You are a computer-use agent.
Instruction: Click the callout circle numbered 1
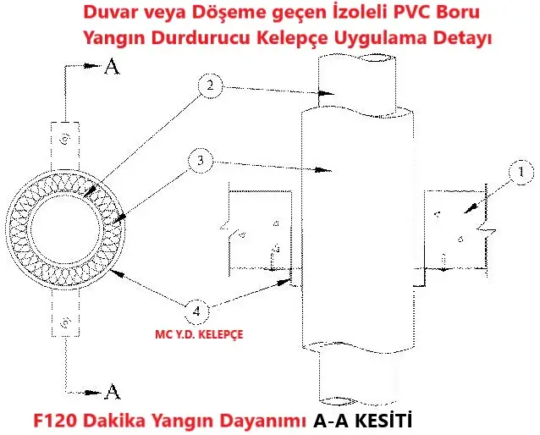(521, 172)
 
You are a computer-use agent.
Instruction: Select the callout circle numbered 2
(210, 85)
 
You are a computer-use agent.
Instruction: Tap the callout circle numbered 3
(201, 161)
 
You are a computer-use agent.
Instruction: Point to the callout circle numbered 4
(196, 311)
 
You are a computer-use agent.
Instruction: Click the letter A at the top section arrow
(112, 67)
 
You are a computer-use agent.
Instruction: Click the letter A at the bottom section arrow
(113, 392)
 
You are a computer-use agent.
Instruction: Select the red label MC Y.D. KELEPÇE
(199, 334)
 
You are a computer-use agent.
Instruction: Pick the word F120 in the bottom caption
(55, 420)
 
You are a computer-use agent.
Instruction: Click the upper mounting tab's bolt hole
(65, 140)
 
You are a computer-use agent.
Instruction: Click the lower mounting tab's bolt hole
(65, 323)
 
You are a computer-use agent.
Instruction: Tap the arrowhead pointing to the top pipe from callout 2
(325, 93)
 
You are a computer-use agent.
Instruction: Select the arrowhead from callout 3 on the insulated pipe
(323, 170)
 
